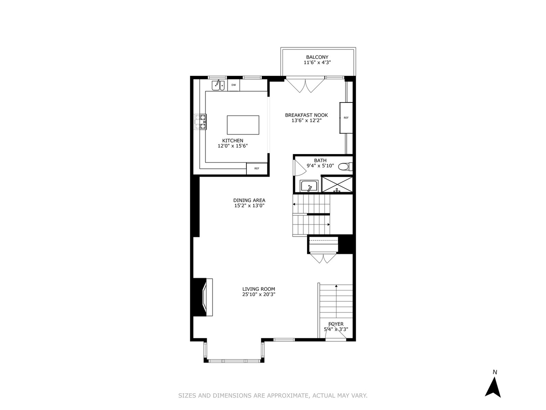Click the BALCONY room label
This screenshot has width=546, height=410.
click(317, 57)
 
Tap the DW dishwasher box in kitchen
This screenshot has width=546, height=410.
click(234, 85)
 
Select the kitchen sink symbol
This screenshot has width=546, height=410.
click(218, 85)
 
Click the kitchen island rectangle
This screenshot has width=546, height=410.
click(243, 125)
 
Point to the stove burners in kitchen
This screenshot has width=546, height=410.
click(201, 122)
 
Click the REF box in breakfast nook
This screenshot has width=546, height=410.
click(346, 118)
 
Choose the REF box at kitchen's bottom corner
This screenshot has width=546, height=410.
click(257, 168)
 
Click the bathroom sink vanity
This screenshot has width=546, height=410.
click(309, 186)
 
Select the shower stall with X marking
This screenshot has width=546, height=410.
click(337, 184)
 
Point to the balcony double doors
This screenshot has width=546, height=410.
click(306, 86)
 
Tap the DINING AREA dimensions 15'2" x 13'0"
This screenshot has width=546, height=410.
click(249, 206)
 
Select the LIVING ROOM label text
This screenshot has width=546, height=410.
click(259, 289)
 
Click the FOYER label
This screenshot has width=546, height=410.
click(336, 324)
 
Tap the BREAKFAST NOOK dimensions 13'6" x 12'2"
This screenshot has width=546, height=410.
click(306, 121)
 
